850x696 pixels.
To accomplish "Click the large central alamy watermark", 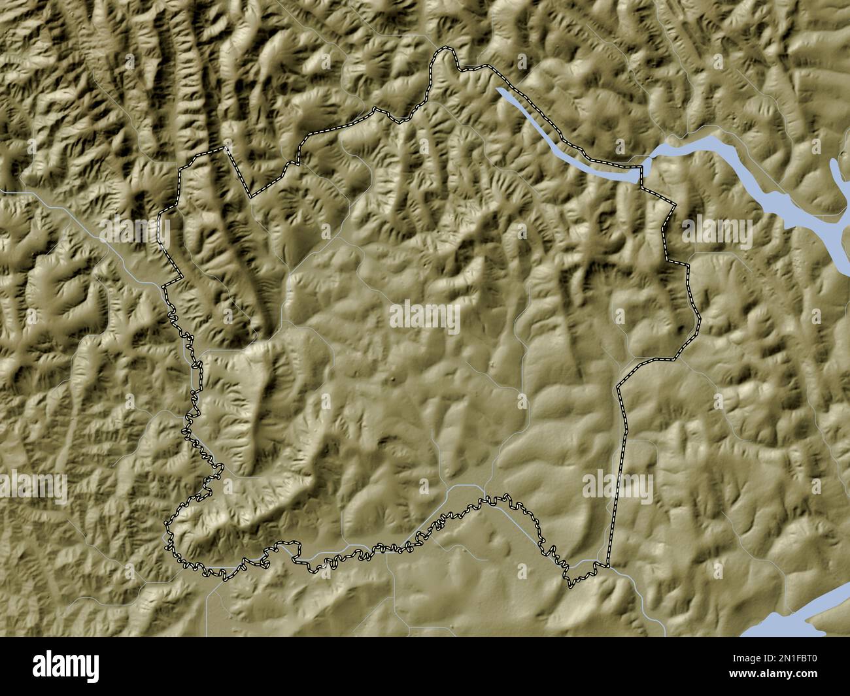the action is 425,316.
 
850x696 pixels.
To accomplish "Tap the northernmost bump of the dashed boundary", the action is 447,50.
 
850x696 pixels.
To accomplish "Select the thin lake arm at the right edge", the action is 838,176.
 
